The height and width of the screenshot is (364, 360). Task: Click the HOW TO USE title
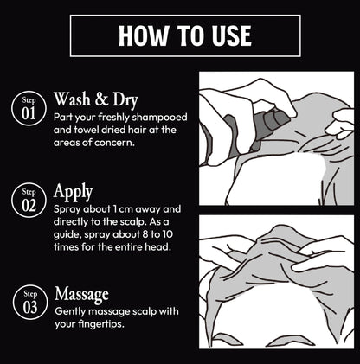click(x=185, y=35)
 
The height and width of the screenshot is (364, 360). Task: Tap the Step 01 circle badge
click(x=29, y=108)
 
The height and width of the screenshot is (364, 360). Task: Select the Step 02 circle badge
click(x=29, y=200)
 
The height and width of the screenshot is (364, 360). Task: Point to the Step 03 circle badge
click(x=30, y=302)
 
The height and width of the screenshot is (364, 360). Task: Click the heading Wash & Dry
click(x=96, y=99)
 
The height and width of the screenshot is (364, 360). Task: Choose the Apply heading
click(x=73, y=193)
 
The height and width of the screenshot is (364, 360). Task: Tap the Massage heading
click(x=81, y=294)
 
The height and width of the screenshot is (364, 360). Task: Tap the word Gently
click(x=70, y=312)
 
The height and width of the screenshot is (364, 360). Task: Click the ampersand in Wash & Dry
click(x=101, y=99)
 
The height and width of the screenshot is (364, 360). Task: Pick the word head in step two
click(x=160, y=247)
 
